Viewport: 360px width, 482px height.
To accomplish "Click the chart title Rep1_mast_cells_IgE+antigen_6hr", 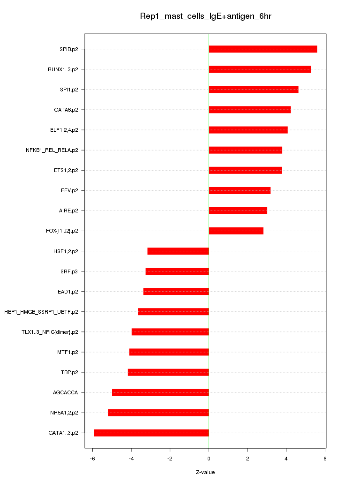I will (206, 16).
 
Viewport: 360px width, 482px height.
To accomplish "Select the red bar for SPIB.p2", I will (262, 49).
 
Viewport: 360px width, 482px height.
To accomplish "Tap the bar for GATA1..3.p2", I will (151, 433).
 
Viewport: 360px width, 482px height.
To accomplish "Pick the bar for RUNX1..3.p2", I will (260, 69).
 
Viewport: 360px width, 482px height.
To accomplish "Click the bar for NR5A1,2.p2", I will (158, 413).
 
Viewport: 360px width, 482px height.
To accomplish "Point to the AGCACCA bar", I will (160, 392).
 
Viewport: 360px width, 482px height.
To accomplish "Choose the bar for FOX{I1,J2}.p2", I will (236, 231).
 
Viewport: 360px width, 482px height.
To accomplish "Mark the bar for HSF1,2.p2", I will (178, 251).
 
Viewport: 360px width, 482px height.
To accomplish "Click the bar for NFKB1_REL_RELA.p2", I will (245, 150).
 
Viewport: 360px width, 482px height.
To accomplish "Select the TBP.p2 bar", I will (168, 372).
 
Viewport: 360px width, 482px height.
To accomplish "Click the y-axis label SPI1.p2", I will (69, 90).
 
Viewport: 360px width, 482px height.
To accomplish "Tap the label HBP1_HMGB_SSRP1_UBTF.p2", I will (41, 312).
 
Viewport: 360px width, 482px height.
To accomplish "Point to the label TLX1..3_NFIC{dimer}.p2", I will (50, 332).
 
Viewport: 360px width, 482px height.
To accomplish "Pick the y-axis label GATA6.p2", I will (66, 110).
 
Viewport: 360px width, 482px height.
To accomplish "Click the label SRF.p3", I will (69, 271).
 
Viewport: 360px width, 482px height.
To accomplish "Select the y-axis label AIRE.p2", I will (68, 211).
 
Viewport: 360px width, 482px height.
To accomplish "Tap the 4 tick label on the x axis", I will (286, 458).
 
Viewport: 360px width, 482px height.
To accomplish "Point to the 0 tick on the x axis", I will (209, 458).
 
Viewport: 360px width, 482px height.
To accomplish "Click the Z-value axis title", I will (205, 472).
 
